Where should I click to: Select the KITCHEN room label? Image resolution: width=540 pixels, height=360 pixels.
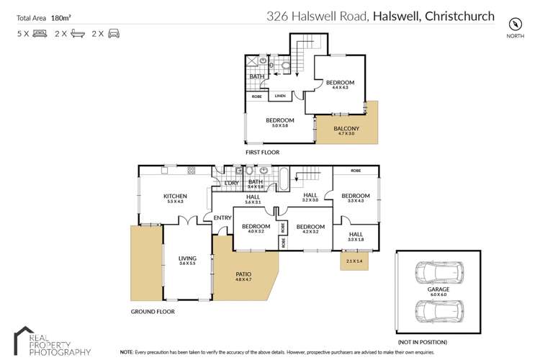click(176, 197)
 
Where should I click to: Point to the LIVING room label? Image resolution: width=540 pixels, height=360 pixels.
click(187, 257)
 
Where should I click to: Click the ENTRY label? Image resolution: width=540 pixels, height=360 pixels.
click(222, 218)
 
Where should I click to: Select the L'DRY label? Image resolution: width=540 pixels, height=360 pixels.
click(231, 183)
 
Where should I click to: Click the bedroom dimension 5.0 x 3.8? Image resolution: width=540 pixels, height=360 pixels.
click(279, 126)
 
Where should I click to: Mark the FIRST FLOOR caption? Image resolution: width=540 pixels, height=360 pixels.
click(262, 153)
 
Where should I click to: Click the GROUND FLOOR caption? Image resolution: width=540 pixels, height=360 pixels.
click(153, 312)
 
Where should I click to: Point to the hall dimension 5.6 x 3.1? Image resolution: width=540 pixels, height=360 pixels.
click(253, 202)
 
